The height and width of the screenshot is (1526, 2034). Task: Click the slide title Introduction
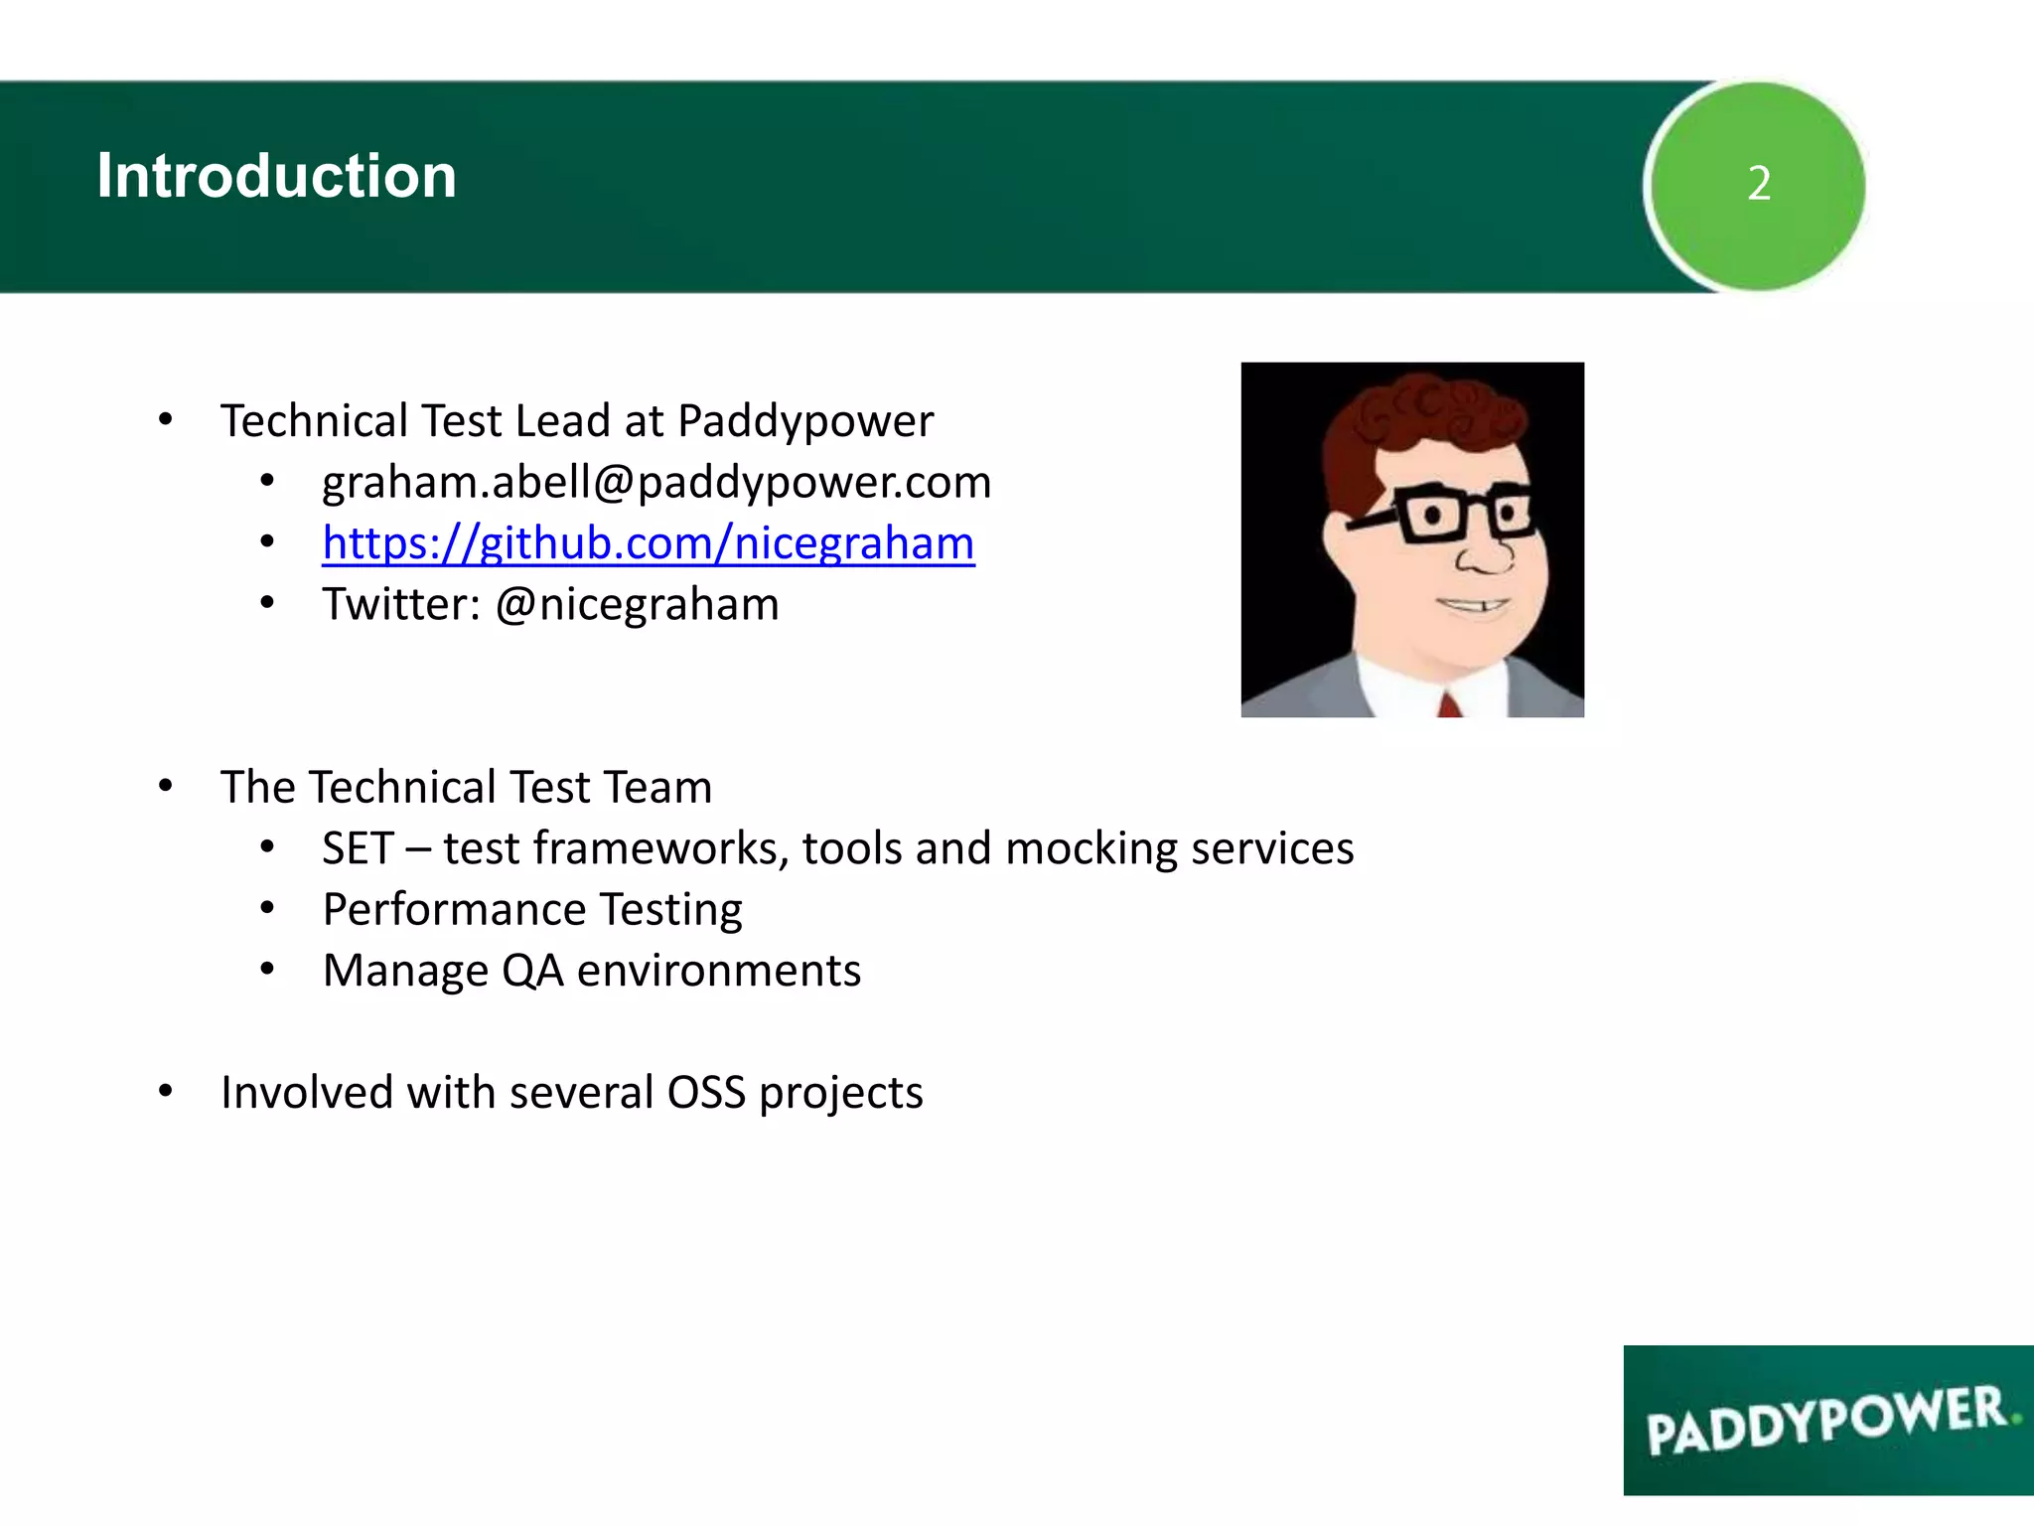pos(276,176)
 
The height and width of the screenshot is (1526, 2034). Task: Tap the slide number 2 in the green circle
pos(1758,184)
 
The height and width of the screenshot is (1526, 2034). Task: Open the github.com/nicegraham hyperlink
pos(648,543)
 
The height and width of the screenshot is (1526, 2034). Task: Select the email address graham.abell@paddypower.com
pos(656,483)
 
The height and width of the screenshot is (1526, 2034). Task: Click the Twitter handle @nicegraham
pos(637,605)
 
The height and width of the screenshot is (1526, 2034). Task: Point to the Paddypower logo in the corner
pos(1827,1421)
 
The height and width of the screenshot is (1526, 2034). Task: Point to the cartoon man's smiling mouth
pos(1475,604)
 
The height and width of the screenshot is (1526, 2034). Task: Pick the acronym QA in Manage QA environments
pos(532,971)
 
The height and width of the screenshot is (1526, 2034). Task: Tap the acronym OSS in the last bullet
pos(706,1093)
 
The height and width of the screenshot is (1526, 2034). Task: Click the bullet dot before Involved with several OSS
pos(166,1092)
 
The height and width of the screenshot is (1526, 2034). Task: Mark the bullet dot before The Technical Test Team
pos(166,787)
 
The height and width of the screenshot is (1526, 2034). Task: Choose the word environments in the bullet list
pos(718,971)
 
